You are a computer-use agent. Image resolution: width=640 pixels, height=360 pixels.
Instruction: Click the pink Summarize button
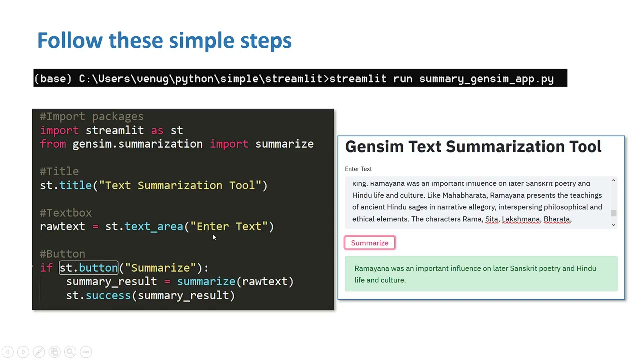[370, 243]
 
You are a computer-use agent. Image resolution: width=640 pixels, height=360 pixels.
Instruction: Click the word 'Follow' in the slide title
[70, 40]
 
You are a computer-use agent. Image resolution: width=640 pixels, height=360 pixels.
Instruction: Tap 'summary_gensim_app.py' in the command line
[486, 79]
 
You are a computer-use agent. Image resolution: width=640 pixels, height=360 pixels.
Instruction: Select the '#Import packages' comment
[92, 116]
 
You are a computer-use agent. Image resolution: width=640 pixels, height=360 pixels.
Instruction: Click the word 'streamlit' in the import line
[115, 130]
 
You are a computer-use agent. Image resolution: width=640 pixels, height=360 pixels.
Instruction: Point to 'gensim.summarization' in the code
[137, 144]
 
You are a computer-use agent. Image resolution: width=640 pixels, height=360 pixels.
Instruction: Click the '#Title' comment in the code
[59, 171]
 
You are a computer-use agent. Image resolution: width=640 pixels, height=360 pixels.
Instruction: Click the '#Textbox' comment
[66, 213]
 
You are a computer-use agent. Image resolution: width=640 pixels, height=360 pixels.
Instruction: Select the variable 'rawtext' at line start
[62, 226]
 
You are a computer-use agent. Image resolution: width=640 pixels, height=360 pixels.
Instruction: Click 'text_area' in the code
[154, 226]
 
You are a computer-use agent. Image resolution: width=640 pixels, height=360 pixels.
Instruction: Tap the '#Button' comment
[63, 254]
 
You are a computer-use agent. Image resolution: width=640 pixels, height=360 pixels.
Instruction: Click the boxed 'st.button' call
[89, 268]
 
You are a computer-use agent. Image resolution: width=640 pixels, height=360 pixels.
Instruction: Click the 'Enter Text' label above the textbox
[358, 169]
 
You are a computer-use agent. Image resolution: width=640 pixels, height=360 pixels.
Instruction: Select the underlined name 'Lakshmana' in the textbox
[521, 219]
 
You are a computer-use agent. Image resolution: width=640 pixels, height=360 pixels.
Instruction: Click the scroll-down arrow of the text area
[614, 225]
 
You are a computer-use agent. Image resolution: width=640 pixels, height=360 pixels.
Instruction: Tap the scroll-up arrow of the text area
[614, 180]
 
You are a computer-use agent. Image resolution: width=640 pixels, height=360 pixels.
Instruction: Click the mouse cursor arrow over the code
[214, 238]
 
